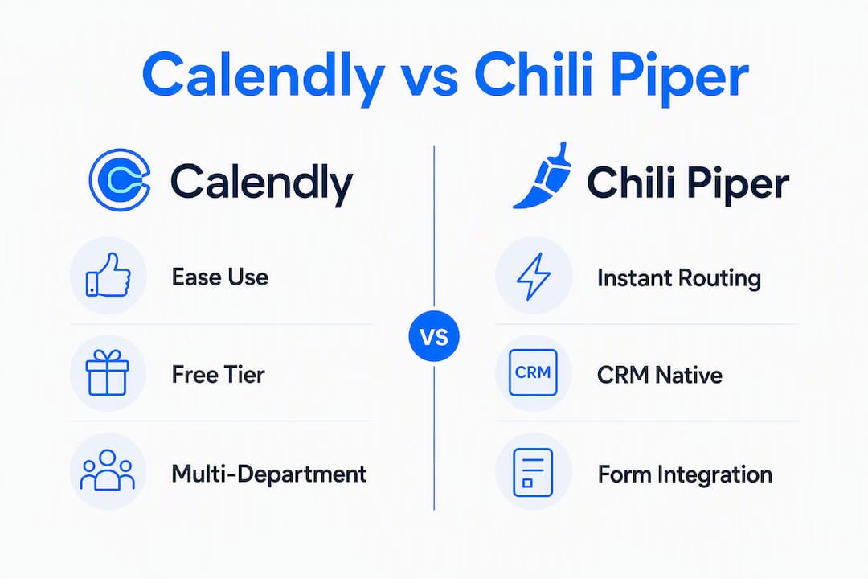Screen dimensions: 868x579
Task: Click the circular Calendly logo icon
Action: tap(120, 179)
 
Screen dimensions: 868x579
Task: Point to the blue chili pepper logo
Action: tap(542, 175)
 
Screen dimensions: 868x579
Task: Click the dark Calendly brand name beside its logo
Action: tap(261, 183)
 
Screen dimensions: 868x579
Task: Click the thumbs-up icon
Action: tap(108, 275)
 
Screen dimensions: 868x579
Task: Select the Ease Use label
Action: tap(219, 277)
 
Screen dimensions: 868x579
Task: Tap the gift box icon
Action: tap(108, 372)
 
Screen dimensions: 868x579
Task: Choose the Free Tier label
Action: tap(218, 375)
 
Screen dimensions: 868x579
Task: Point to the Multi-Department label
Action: tap(269, 474)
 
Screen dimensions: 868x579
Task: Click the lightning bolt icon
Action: tap(533, 276)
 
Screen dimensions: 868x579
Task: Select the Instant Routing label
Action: tap(678, 278)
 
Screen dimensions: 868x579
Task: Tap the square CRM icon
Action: tap(533, 372)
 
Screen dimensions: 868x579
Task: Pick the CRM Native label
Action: tap(659, 375)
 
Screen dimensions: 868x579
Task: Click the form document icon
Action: tap(533, 472)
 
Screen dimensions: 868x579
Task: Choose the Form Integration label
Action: tap(685, 474)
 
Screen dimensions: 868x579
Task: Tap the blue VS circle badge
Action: tap(434, 336)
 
